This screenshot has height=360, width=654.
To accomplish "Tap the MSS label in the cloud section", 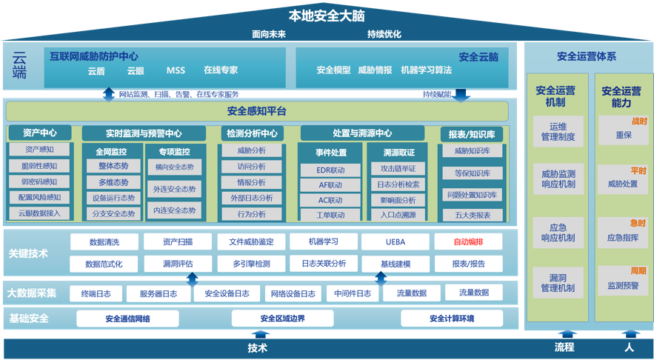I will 176,71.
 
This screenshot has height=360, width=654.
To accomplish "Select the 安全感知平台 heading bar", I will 256,111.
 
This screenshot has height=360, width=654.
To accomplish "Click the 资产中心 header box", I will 41,133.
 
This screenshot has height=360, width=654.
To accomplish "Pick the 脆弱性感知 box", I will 41,166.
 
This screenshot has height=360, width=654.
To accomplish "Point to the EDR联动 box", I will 330,170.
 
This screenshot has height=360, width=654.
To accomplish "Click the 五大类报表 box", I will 472,215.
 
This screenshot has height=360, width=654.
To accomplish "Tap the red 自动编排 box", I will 468,241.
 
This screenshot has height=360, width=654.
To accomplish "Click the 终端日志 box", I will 96,293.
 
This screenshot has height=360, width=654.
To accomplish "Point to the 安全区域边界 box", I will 282,319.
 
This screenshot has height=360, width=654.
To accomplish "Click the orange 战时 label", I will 638,121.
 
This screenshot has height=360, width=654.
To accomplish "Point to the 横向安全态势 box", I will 175,167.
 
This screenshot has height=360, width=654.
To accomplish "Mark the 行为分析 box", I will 251,214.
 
